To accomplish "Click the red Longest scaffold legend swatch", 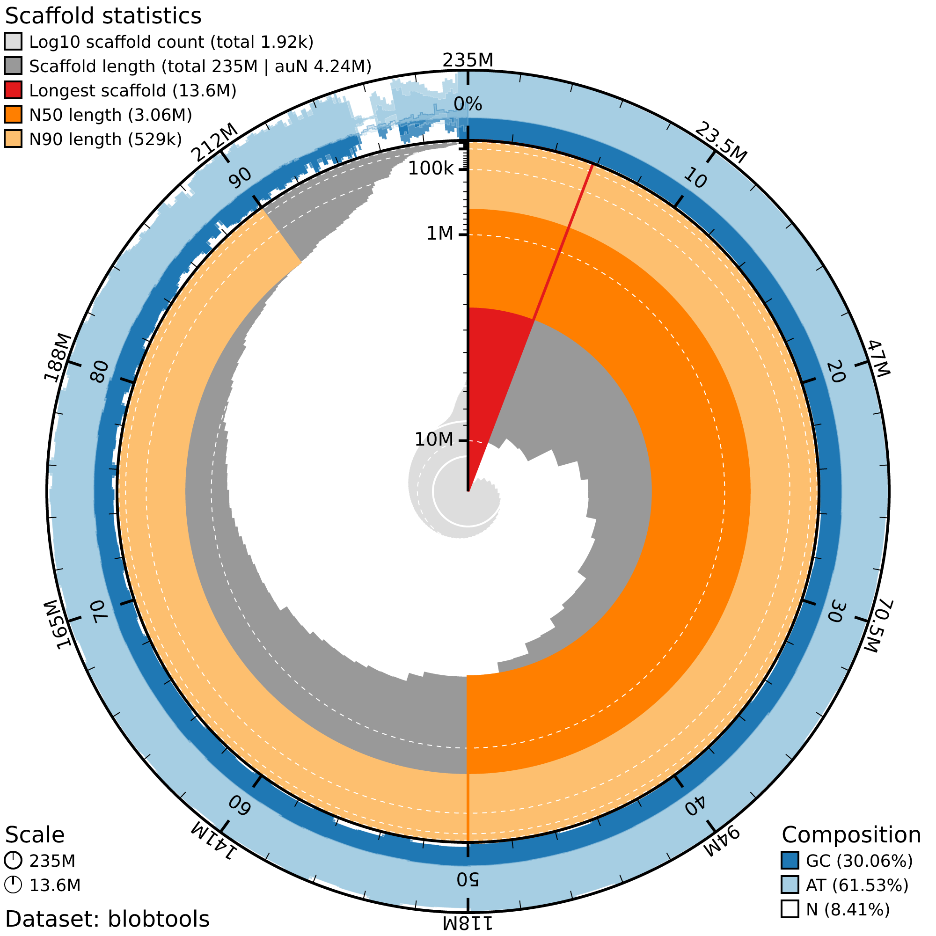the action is click(x=13, y=90).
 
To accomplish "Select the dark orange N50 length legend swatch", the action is click(x=13, y=114).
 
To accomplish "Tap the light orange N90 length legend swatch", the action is click(x=13, y=139).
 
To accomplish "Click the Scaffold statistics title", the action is click(x=102, y=16).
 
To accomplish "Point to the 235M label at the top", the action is click(x=468, y=60).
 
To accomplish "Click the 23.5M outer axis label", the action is click(x=721, y=143).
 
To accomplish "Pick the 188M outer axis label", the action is click(x=58, y=358).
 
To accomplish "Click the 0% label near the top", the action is click(x=468, y=104).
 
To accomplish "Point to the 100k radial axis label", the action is click(x=431, y=169).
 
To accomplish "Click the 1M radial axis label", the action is click(x=440, y=234).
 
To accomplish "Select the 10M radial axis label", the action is click(x=434, y=439).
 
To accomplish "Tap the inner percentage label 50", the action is click(x=468, y=879).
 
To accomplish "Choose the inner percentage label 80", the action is click(x=101, y=372).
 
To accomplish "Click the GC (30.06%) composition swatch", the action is click(x=790, y=861).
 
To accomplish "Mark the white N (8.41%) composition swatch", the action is click(x=790, y=909).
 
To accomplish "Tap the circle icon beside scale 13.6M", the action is click(x=13, y=885).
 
